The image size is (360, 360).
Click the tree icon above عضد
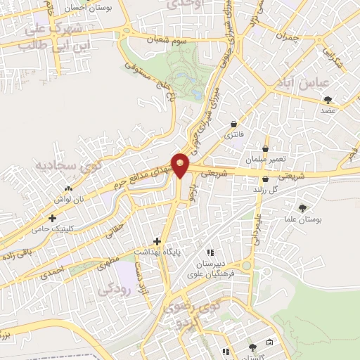point(328,100)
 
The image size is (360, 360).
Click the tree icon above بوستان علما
point(303,208)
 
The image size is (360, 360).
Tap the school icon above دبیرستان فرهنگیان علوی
point(209,252)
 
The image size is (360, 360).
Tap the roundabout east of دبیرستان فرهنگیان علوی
point(248,266)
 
